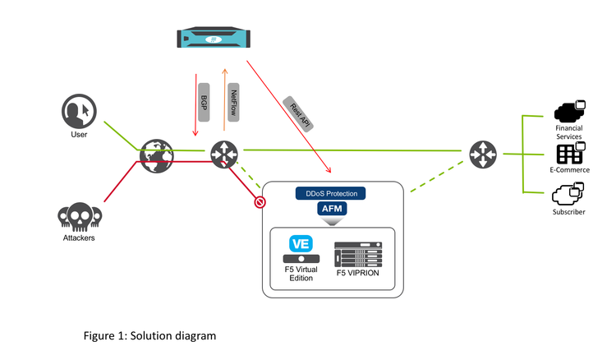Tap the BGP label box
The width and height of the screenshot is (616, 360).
pos(204,103)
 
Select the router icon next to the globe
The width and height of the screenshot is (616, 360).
pos(223,153)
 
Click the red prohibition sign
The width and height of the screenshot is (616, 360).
pos(260,202)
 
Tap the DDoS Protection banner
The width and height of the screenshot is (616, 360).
pos(331,194)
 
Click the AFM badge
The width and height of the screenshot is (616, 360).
pos(333,210)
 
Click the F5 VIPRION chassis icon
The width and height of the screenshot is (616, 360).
pos(360,251)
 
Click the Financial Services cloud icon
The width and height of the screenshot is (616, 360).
pos(569,111)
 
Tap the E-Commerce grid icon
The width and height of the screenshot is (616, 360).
pos(569,153)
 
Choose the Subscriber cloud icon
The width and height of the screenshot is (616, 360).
pos(568,194)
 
